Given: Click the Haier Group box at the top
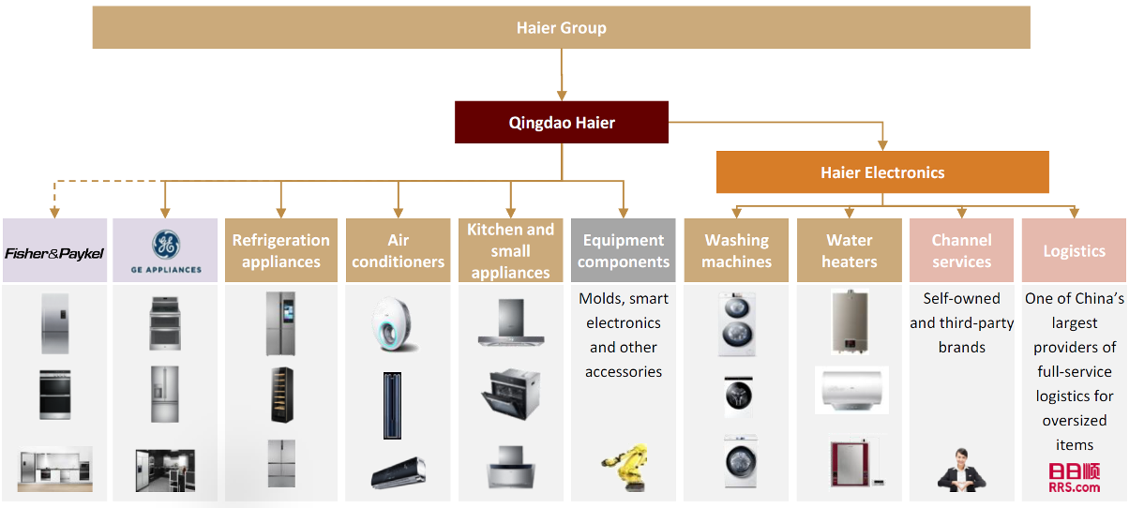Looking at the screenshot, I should coord(561,28).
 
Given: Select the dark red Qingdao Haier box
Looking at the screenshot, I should coord(561,123).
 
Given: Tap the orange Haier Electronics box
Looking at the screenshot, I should coord(881,172).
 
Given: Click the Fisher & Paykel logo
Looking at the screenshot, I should coord(54,252).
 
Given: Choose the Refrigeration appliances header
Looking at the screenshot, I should coord(281,250).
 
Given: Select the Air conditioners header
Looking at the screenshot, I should coord(398,250).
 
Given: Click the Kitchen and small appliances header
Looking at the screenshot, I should coord(510,250).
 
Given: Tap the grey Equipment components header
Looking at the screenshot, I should coord(623,250).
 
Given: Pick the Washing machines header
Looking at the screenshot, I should coord(736,250).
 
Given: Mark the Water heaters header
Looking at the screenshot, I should coord(849,250).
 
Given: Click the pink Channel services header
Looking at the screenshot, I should coord(961,250).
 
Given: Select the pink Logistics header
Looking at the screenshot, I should coord(1074,250).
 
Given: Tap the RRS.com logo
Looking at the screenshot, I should coord(1074,478).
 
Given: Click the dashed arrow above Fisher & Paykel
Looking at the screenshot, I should coord(54,197).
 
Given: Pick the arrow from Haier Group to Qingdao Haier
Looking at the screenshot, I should coord(562,75).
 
